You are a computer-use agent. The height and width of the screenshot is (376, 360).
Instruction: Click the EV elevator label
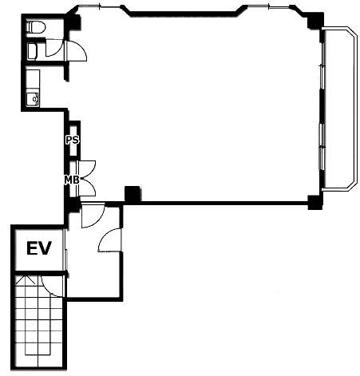[x=39, y=248]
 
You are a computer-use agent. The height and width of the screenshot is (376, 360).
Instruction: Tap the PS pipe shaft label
[x=73, y=140]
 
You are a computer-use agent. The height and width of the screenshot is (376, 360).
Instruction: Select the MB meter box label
[x=72, y=180]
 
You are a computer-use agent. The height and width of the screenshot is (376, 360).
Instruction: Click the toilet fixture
[x=36, y=27]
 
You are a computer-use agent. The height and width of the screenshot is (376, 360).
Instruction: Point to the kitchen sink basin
[x=33, y=99]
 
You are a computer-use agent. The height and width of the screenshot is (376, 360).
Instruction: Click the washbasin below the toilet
[x=33, y=51]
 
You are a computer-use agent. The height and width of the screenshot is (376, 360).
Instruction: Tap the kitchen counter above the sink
[x=33, y=79]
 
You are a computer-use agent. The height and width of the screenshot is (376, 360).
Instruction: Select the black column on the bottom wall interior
[x=133, y=193]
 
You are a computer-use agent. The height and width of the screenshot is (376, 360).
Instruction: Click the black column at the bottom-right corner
[x=315, y=202]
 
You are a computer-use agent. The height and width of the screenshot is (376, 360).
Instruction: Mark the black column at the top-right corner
[x=315, y=21]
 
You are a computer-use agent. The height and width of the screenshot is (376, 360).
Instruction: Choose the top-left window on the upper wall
[x=100, y=6]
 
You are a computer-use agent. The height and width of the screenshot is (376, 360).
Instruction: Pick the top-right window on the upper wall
[x=269, y=6]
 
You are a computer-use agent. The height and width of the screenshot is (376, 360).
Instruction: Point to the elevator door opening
[x=65, y=249]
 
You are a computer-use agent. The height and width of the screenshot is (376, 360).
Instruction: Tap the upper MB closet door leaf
[x=89, y=167]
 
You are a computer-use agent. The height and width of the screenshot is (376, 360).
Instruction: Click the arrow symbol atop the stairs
[x=26, y=279]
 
